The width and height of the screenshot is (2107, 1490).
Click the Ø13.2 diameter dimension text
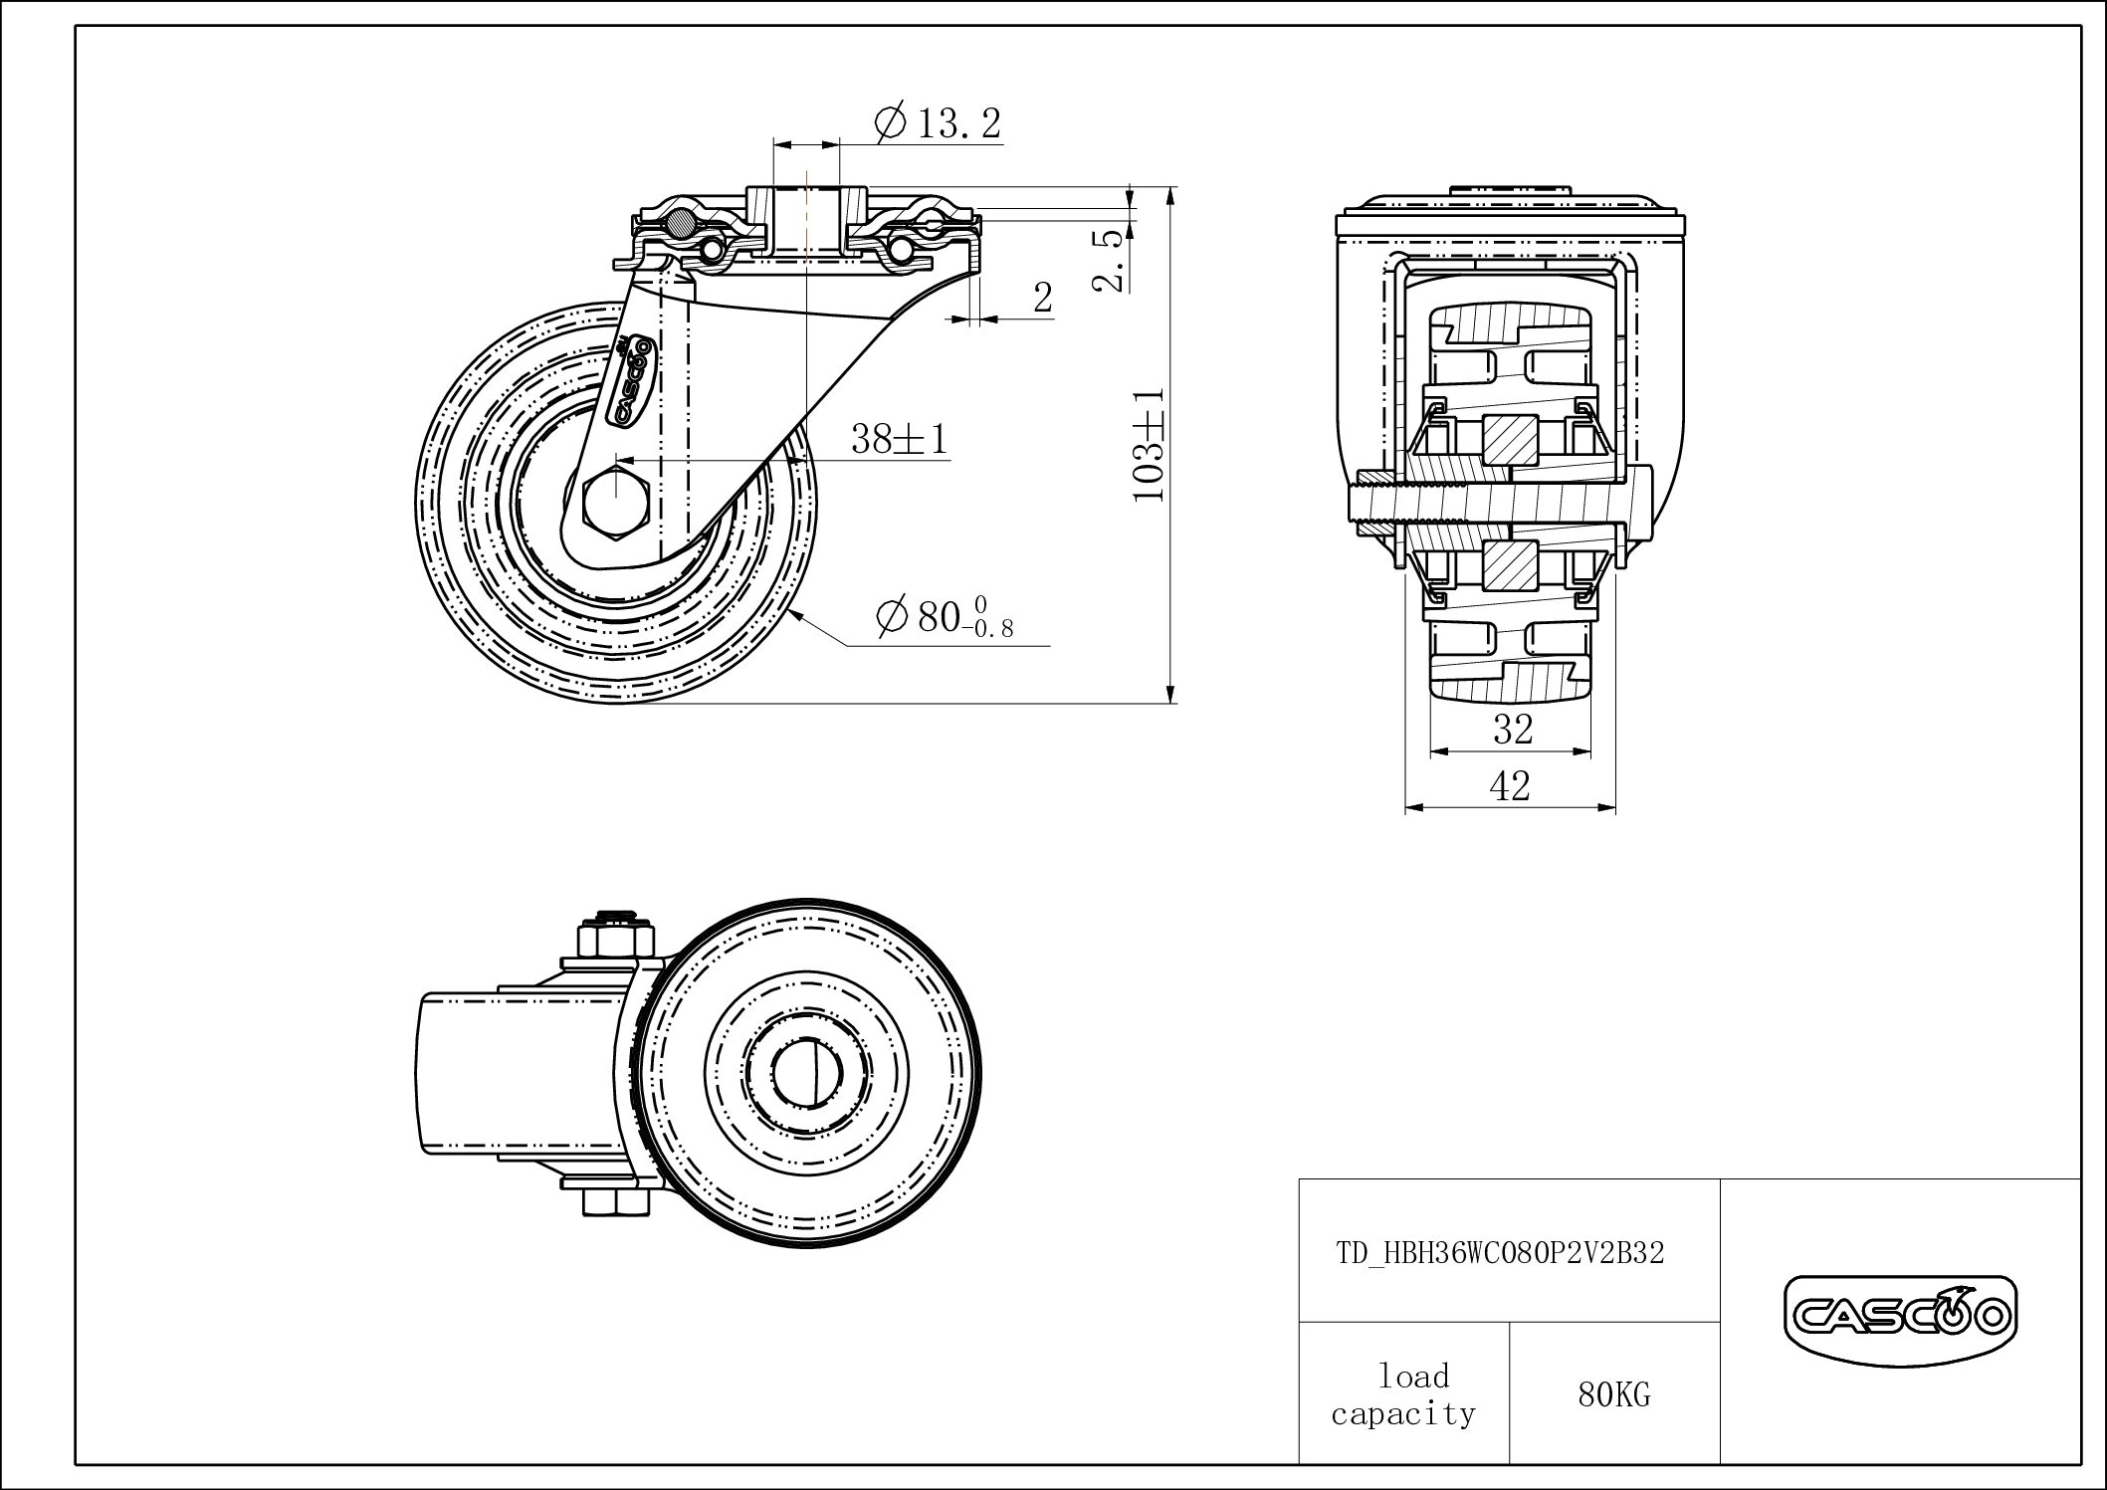(938, 123)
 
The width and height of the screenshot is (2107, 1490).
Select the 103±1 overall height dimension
(1149, 444)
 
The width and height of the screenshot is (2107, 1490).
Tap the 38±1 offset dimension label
(900, 438)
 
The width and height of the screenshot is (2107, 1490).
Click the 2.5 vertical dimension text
(1110, 260)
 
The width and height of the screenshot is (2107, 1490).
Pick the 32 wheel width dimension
(1513, 730)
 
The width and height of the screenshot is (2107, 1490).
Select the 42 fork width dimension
(1510, 786)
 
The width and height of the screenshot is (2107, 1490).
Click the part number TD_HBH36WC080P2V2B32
(1500, 1252)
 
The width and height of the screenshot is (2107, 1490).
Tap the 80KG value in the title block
(1614, 1395)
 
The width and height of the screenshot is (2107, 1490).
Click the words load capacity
(1403, 1394)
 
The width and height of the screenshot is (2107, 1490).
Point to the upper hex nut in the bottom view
(615, 940)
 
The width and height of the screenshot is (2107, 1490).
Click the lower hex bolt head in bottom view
(615, 1202)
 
